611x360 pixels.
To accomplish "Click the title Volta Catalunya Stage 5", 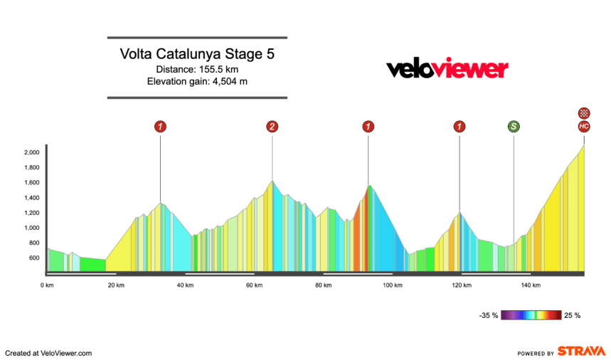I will pos(197,54).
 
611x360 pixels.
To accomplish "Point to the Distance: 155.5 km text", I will pos(197,69).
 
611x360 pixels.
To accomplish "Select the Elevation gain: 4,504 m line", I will pos(197,82).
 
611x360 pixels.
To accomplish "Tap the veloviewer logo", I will pos(447,69).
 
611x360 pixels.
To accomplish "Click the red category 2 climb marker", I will pos(272,127).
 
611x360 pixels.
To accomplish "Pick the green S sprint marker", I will pos(514,127).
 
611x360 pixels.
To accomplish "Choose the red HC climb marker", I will pos(584,127).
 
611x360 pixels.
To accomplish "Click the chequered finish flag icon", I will pos(584,112).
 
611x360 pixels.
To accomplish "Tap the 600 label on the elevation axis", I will pos(33,258).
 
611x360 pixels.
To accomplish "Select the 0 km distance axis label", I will pos(48,285).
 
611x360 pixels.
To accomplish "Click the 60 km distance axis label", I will pos(255,285).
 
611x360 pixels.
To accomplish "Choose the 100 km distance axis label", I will pos(392,285).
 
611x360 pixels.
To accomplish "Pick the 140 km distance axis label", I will pos(530,285).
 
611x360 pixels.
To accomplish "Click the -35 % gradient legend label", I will pos(488,315).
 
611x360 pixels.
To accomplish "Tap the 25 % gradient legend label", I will pos(572,315).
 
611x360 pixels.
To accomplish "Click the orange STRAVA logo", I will pos(581,351).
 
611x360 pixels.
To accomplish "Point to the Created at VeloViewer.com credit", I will pos(48,353).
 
